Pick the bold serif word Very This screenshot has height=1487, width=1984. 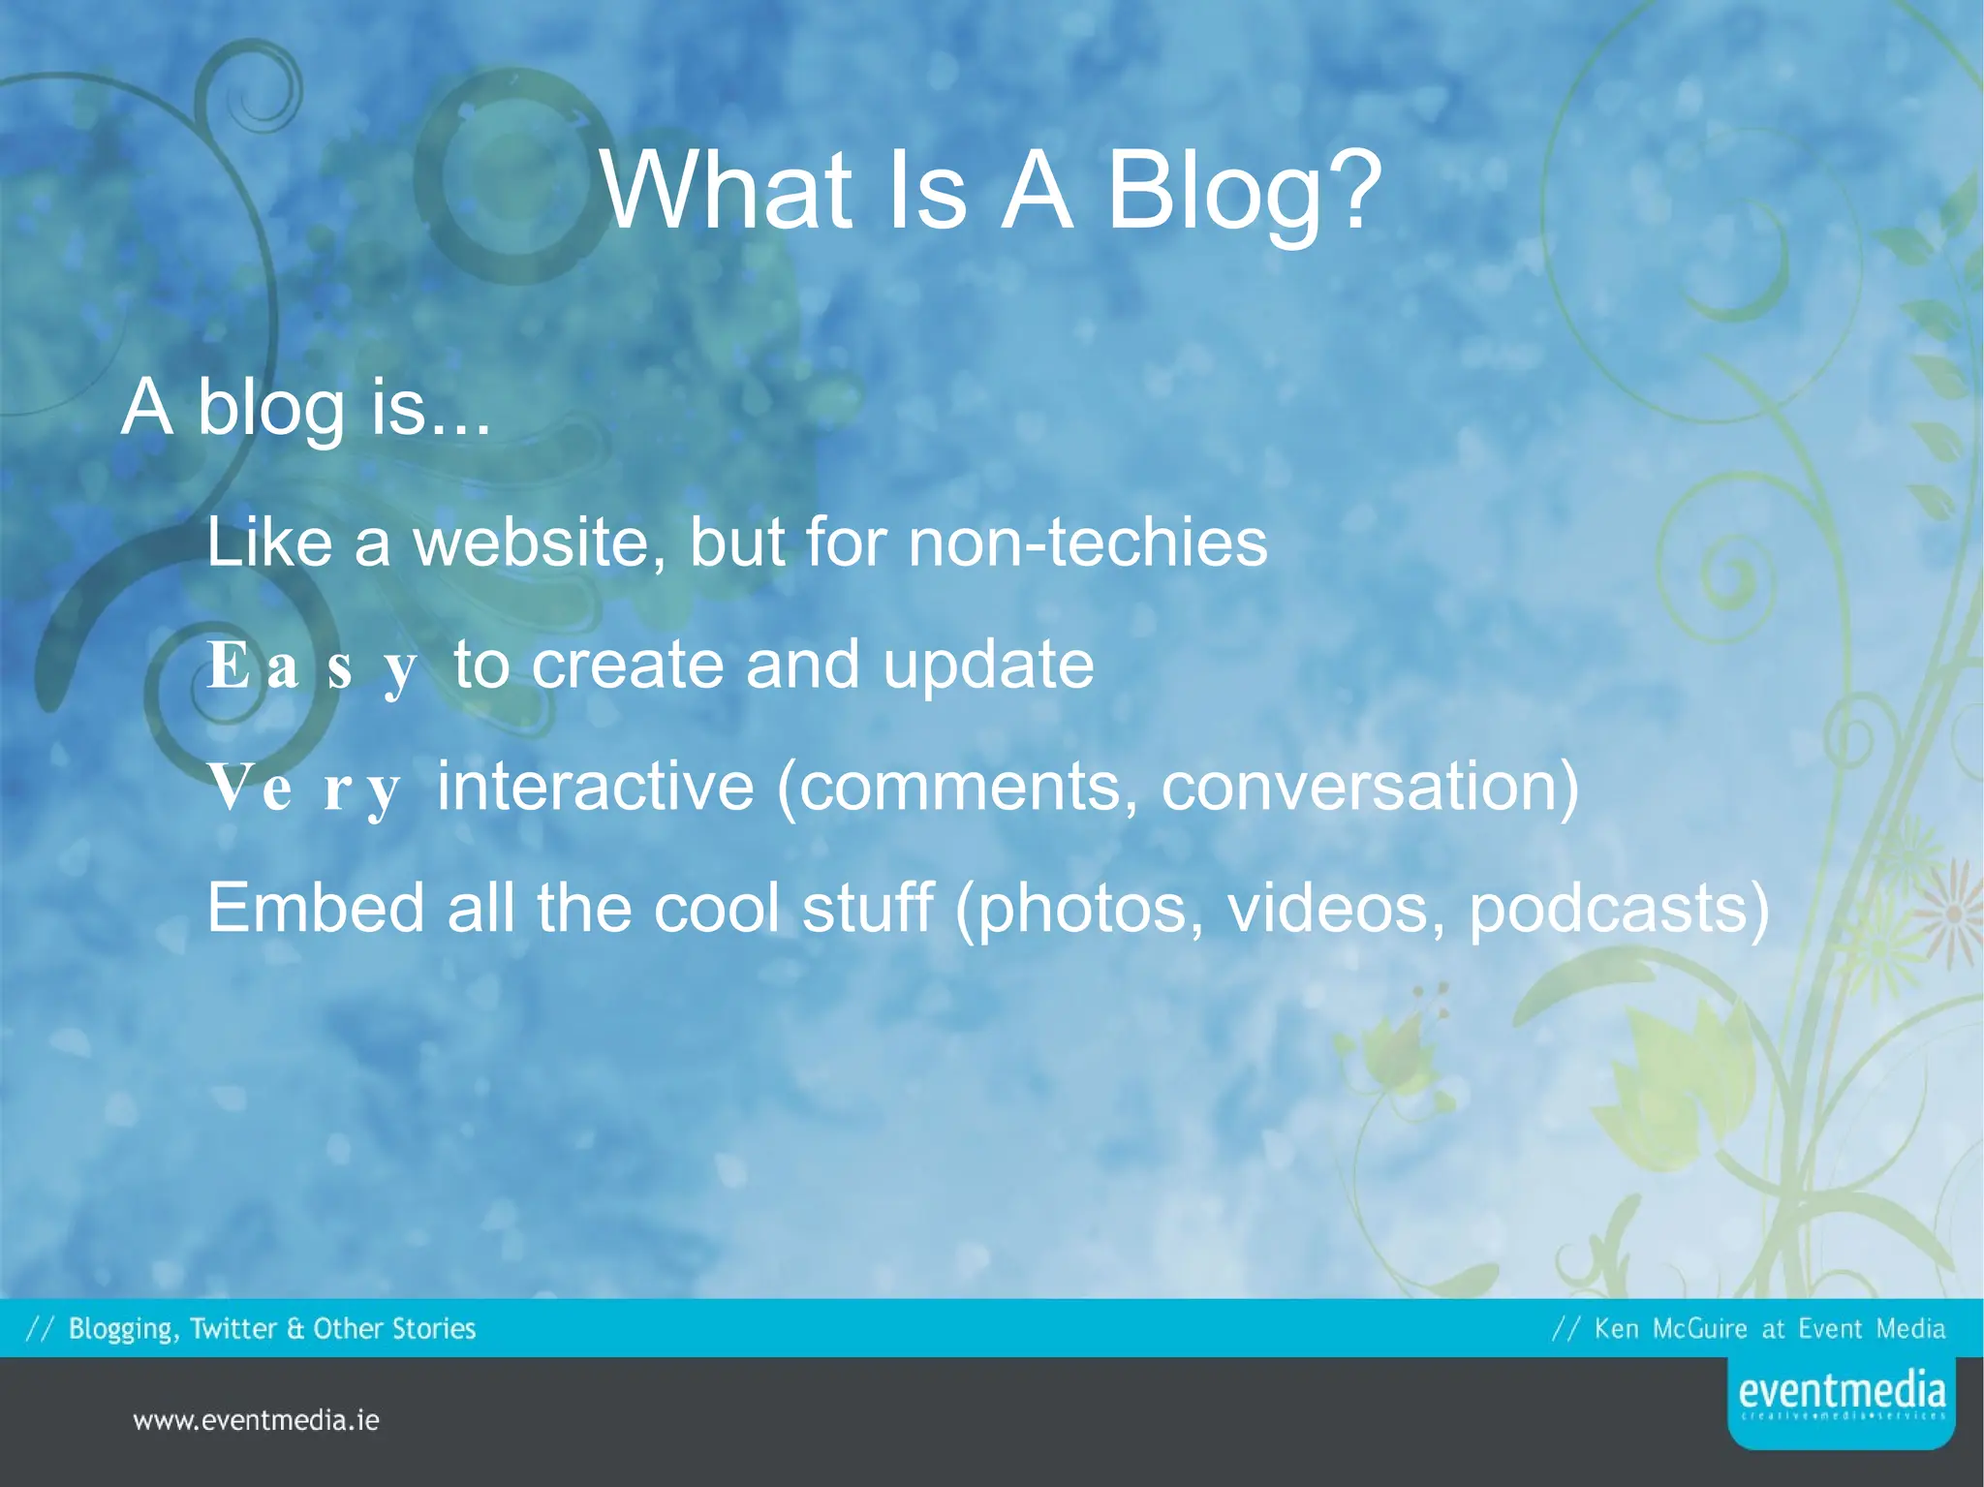[304, 788]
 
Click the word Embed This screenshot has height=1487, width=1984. [315, 908]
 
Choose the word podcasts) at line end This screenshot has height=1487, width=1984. [1619, 910]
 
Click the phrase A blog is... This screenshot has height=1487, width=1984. [305, 408]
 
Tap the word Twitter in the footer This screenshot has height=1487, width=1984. [233, 1328]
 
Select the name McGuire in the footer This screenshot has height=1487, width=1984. [1699, 1328]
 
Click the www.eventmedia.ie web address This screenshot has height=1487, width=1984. [256, 1421]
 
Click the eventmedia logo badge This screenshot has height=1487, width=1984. [1841, 1401]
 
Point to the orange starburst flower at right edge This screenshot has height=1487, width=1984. [1957, 914]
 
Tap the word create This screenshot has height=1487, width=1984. [627, 666]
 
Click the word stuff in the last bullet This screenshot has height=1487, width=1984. [867, 908]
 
